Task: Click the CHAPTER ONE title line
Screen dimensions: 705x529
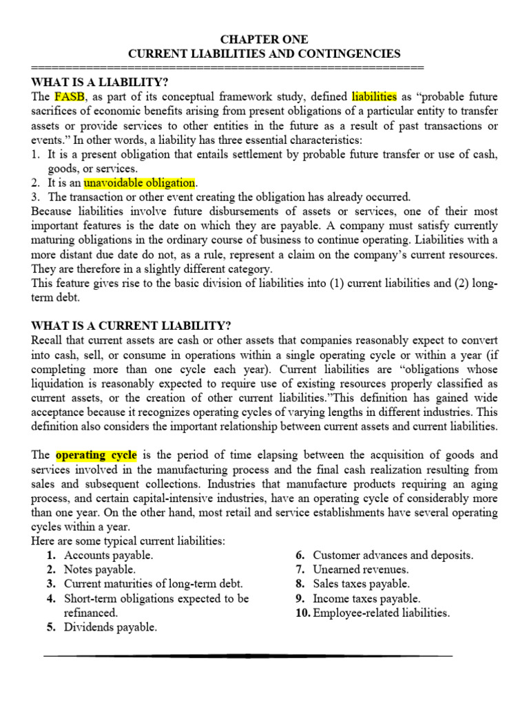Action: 264,39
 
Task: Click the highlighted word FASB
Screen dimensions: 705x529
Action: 69,96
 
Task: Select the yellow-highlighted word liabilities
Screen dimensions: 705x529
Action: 374,96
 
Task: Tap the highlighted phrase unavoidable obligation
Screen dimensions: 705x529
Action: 140,183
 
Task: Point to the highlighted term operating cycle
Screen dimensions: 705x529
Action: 96,455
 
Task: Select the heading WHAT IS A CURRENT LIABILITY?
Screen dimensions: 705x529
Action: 132,326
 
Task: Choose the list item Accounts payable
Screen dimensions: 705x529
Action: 108,555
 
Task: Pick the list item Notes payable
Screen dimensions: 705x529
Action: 100,569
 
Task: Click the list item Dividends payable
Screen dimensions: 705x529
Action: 110,627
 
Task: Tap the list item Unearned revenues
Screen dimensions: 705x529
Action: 360,569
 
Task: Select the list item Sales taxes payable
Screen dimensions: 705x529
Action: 361,584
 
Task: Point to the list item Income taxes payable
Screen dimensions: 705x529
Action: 366,598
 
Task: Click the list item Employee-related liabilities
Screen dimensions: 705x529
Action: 381,613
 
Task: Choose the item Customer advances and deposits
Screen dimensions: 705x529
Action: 393,555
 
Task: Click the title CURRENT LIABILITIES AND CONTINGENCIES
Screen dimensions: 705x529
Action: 264,53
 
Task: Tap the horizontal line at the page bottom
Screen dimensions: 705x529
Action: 248,656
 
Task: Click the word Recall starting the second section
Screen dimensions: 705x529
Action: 48,341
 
